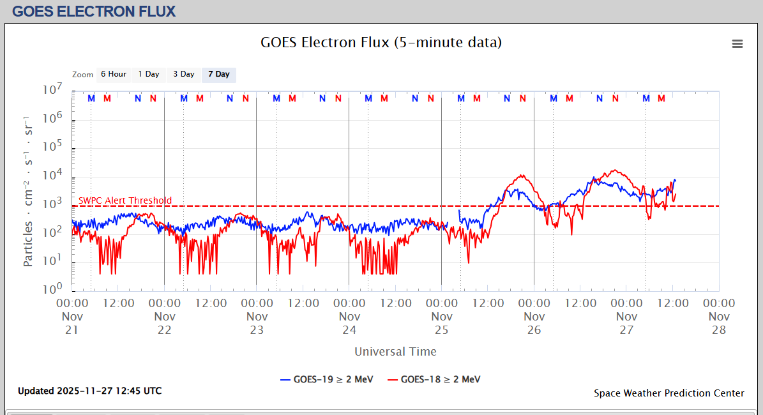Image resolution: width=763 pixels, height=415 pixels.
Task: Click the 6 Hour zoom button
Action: tap(114, 74)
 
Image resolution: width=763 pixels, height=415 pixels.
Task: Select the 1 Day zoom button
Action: tap(149, 74)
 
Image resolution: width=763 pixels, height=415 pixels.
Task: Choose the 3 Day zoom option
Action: tap(184, 74)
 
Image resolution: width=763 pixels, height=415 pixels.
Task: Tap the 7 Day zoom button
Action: tap(219, 74)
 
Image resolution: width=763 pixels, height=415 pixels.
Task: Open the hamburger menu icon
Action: tap(737, 43)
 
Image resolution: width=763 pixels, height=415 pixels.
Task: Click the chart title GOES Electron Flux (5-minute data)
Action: tap(381, 43)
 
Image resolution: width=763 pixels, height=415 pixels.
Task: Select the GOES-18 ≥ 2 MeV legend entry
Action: tap(434, 379)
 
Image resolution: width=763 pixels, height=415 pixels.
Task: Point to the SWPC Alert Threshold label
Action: tap(125, 200)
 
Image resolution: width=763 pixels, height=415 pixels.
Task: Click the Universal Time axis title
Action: tap(395, 351)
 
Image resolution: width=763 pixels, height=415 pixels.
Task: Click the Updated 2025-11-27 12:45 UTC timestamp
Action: tap(89, 391)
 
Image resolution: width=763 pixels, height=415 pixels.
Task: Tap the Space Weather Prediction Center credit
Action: tap(669, 393)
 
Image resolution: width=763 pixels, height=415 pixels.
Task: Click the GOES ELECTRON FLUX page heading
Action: tap(94, 11)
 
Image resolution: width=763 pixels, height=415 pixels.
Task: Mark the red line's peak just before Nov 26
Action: tap(522, 176)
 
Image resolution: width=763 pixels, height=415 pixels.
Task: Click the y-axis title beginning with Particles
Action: tap(28, 192)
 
